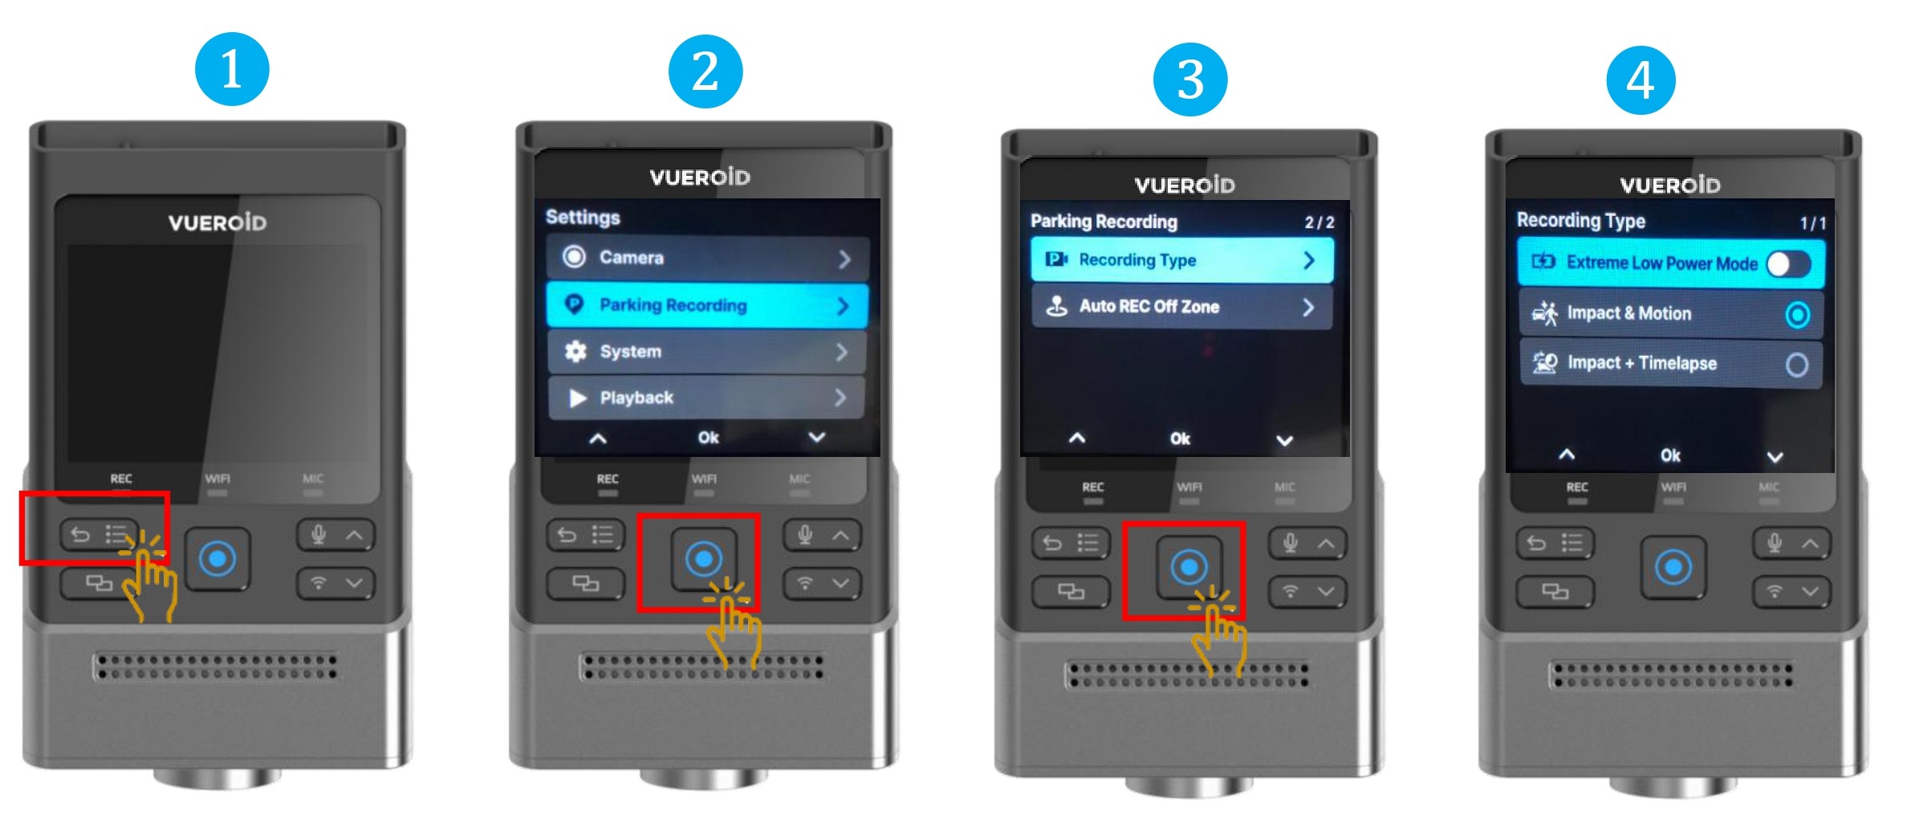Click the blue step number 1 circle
232,69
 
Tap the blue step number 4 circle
1641,80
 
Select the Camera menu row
707,258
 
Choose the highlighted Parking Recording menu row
707,305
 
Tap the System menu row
707,352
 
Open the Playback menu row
707,398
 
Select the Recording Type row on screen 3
1181,260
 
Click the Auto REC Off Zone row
1181,307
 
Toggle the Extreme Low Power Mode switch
1788,263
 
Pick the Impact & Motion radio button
1797,315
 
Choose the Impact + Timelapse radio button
1797,365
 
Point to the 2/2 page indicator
1319,222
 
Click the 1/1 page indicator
1812,223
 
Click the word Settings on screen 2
583,218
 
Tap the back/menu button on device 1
99,535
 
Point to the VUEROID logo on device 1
218,222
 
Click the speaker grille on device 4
1673,675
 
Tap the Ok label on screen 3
1180,438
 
